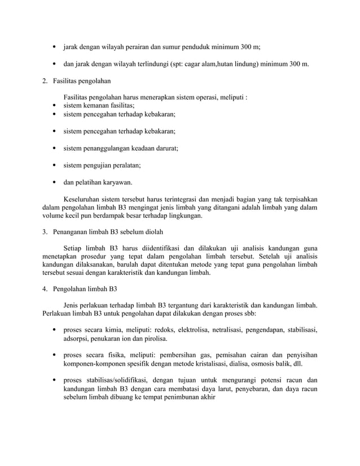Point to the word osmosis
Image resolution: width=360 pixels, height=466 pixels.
[x=265, y=364]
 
